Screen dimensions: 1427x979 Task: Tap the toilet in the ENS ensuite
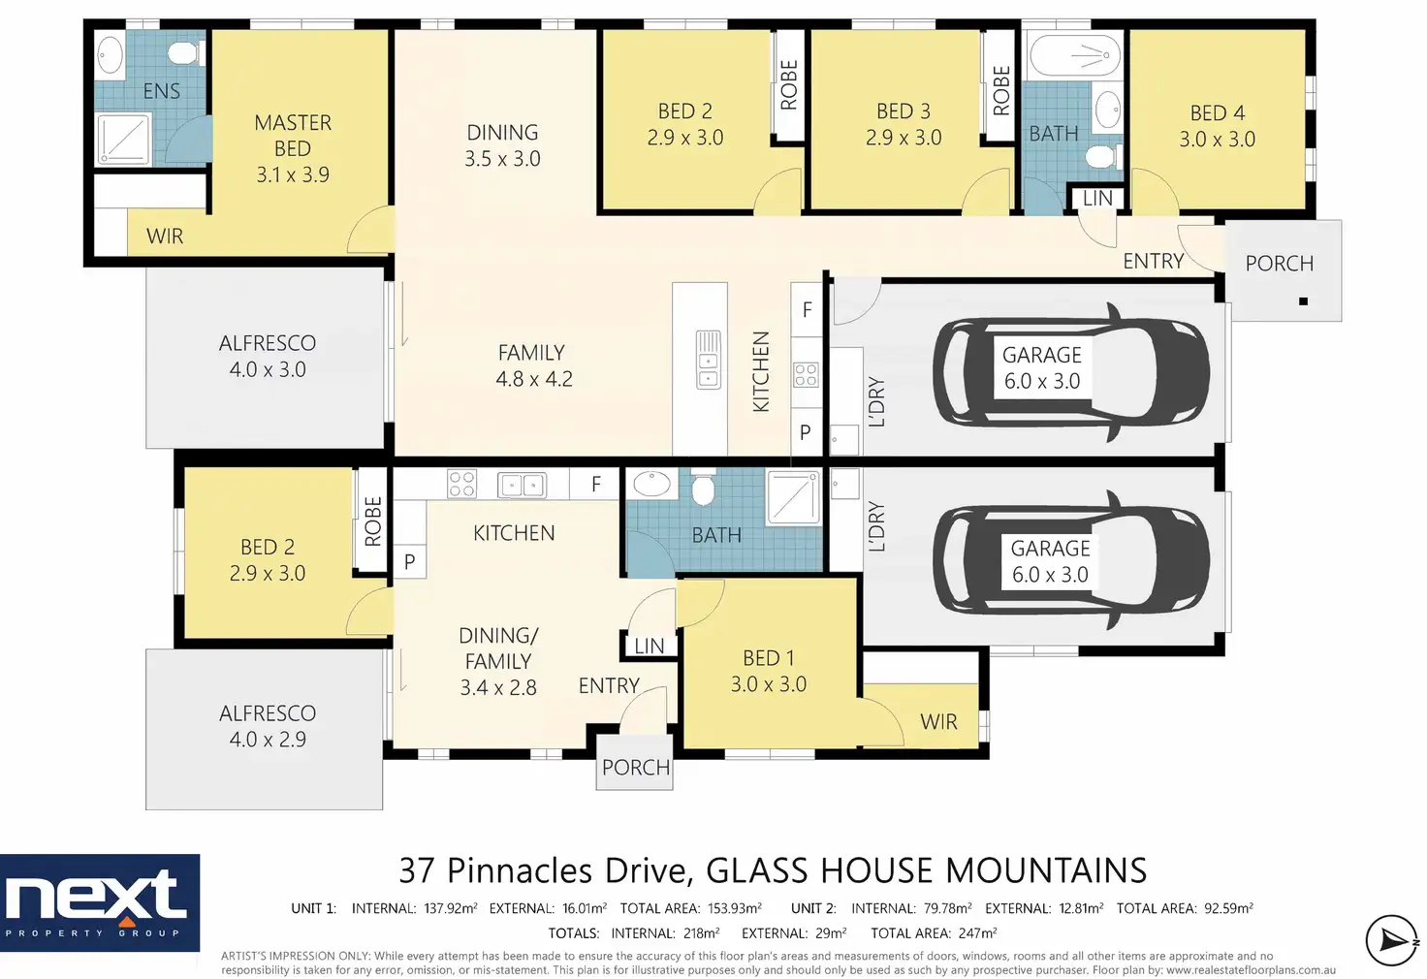click(187, 53)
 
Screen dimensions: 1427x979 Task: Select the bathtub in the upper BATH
click(1075, 55)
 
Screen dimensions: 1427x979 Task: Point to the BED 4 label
click(1218, 112)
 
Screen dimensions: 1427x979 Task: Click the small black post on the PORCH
click(1303, 301)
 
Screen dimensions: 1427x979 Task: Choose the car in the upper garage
click(1071, 372)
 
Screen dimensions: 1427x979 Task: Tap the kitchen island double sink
click(708, 360)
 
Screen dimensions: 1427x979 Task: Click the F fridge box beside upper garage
click(807, 309)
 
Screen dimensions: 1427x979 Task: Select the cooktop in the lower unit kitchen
click(461, 484)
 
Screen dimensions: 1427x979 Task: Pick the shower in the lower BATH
click(793, 497)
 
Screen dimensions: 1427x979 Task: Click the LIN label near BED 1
click(650, 646)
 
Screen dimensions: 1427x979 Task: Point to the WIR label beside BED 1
click(938, 722)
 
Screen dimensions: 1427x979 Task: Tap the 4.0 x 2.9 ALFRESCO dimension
click(268, 739)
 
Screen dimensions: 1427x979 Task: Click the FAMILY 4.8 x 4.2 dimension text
click(534, 379)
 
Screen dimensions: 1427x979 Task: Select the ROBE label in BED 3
click(1000, 90)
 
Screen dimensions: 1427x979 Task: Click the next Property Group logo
click(100, 903)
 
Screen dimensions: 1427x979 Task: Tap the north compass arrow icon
click(1392, 940)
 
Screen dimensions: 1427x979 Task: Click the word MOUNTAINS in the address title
click(1046, 870)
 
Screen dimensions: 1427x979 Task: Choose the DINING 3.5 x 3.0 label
click(502, 145)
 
